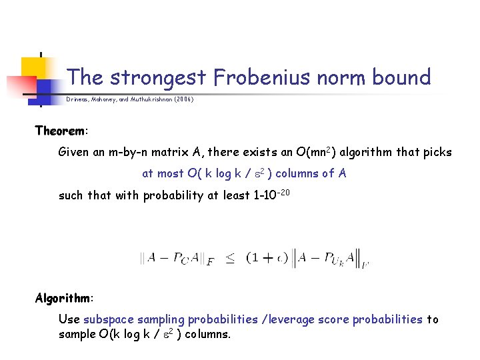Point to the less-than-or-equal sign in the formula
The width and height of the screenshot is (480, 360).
tap(229, 258)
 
